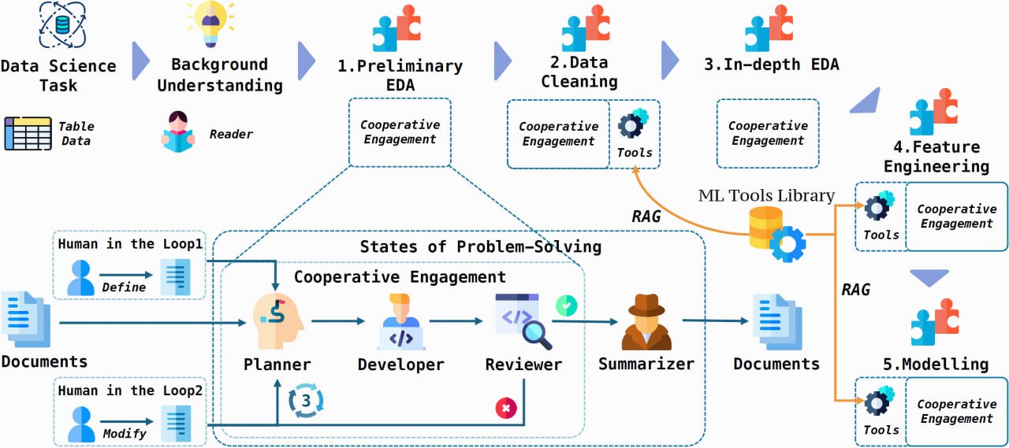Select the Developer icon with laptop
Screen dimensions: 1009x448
(401, 321)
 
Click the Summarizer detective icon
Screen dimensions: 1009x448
(646, 321)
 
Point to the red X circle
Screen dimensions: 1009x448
(506, 408)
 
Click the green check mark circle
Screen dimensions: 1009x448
(567, 305)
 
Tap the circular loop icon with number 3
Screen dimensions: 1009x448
(306, 400)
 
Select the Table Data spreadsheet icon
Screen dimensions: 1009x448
(28, 133)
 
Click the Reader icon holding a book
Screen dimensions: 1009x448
(178, 131)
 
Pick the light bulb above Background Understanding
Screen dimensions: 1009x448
(210, 24)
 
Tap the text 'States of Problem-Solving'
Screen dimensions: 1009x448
(481, 246)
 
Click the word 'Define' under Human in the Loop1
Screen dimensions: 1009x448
(124, 287)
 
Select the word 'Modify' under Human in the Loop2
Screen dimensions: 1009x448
(125, 434)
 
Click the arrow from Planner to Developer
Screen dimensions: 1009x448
(338, 321)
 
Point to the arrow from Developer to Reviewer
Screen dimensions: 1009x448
(456, 321)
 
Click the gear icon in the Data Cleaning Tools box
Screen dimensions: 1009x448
(633, 124)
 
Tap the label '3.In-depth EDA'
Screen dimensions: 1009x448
(772, 65)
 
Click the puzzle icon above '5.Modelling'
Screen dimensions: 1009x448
(935, 322)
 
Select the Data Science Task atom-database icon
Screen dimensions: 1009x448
(62, 24)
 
